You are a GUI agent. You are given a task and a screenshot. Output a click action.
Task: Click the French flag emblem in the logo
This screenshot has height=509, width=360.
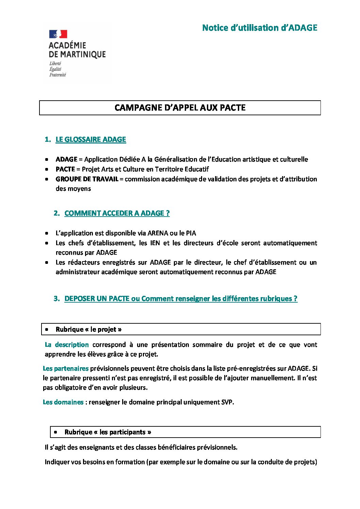pyautogui.click(x=58, y=34)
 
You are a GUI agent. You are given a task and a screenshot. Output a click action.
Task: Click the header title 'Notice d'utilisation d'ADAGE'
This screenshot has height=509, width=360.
pyautogui.click(x=259, y=28)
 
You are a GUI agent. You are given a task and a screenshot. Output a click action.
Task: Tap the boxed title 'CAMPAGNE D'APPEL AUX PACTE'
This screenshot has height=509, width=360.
pyautogui.click(x=180, y=108)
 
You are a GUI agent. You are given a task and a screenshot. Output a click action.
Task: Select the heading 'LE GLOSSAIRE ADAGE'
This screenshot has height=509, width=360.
pyautogui.click(x=91, y=139)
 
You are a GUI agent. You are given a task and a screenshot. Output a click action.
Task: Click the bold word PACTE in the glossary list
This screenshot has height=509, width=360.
pyautogui.click(x=65, y=169)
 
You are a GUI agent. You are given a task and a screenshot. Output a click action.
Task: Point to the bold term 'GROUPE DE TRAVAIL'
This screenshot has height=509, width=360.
pyautogui.click(x=87, y=179)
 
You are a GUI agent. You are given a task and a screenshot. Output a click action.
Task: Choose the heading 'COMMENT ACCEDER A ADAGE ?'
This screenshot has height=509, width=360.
pyautogui.click(x=117, y=213)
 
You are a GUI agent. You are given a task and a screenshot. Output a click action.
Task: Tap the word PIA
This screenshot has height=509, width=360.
pyautogui.click(x=191, y=233)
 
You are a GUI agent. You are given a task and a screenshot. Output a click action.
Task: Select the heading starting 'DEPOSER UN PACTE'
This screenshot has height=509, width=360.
pyautogui.click(x=181, y=299)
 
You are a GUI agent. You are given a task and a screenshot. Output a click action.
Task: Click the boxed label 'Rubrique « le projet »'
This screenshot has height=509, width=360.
pyautogui.click(x=88, y=329)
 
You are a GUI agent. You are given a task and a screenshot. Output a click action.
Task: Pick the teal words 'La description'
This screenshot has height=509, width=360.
pyautogui.click(x=67, y=345)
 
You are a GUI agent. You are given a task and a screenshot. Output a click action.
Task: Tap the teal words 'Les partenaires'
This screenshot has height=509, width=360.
pyautogui.click(x=66, y=368)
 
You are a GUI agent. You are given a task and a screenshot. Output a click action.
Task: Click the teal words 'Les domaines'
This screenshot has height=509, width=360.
pyautogui.click(x=63, y=402)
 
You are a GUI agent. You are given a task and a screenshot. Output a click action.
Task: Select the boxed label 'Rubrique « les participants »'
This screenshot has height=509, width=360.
pyautogui.click(x=108, y=432)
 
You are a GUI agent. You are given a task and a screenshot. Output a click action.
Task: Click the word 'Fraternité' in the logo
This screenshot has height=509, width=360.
pyautogui.click(x=58, y=75)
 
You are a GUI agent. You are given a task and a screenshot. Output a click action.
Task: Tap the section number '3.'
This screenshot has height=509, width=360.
pyautogui.click(x=56, y=299)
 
